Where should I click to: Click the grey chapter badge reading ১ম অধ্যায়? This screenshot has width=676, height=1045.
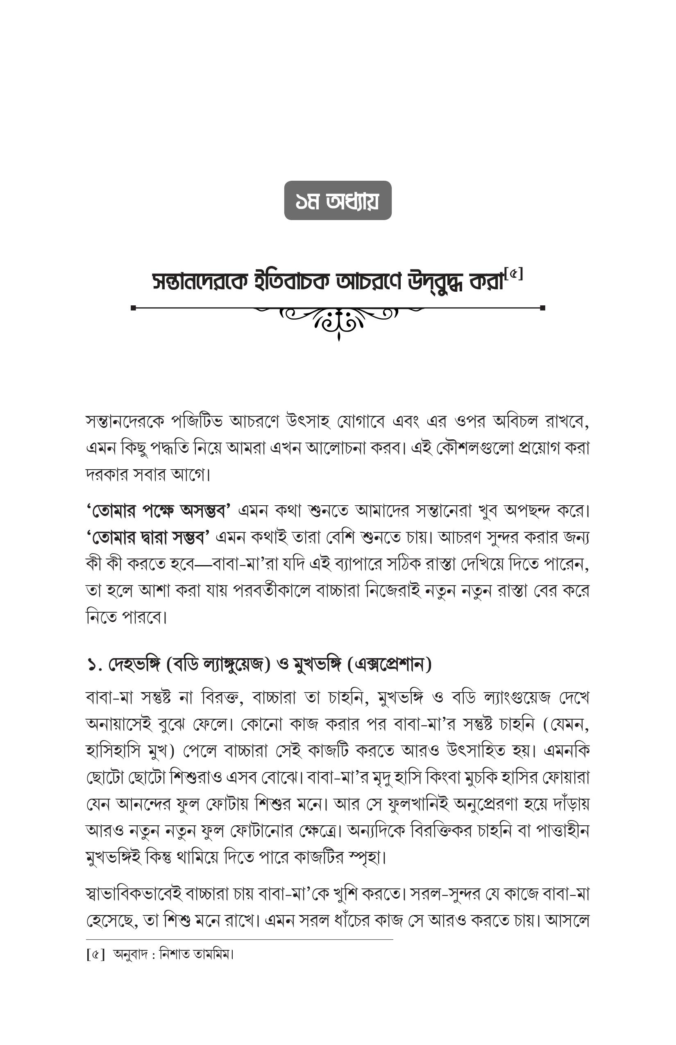[338, 200]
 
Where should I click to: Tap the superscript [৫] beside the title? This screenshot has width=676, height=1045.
[514, 275]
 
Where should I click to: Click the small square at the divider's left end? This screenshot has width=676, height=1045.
[134, 308]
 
